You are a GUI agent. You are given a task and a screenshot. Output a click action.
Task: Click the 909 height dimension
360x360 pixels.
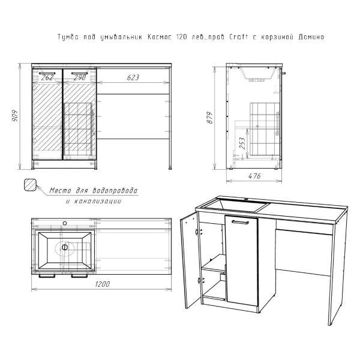(x=14, y=116)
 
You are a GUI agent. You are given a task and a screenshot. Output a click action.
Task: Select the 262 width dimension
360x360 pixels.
(x=47, y=77)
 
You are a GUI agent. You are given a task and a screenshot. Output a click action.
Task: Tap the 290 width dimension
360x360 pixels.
(x=80, y=77)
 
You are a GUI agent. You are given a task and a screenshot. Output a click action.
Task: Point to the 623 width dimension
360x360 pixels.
(x=133, y=77)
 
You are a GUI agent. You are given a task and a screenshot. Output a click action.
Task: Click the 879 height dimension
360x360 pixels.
(x=210, y=118)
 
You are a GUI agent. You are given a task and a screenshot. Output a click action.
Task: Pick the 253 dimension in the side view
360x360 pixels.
(x=242, y=143)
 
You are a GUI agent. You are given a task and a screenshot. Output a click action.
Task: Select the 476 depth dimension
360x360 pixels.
(x=254, y=176)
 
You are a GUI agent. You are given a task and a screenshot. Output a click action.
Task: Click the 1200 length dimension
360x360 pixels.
(x=103, y=284)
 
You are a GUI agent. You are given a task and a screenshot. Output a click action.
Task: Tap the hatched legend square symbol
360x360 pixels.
(x=30, y=185)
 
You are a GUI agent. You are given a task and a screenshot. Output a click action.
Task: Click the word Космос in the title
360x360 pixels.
(x=160, y=37)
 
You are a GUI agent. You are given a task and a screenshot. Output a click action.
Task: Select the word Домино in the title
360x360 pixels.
(x=311, y=37)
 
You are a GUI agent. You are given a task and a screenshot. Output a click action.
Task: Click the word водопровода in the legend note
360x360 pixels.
(x=115, y=191)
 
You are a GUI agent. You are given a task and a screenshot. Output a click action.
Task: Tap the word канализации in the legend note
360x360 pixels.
(x=97, y=202)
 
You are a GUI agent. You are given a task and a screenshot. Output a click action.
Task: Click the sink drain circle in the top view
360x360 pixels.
(x=65, y=247)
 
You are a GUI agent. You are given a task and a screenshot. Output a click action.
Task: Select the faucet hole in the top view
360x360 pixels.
(x=65, y=223)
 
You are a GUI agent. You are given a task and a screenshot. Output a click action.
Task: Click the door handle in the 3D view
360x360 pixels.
(x=240, y=222)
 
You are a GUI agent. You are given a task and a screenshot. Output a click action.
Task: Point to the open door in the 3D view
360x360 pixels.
(x=189, y=260)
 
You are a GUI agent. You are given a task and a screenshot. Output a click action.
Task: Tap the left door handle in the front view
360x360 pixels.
(x=47, y=73)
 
